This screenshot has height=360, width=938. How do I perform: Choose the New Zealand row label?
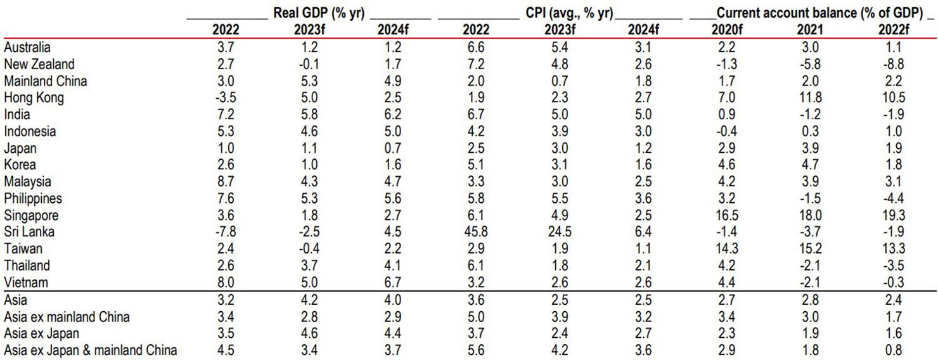[x=39, y=64]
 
